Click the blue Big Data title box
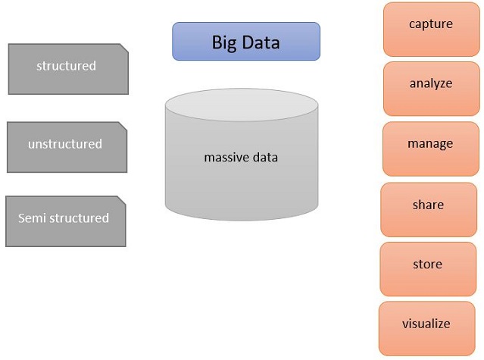[x=246, y=42]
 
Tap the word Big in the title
[x=224, y=43]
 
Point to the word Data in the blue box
[x=261, y=42]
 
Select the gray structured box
[x=68, y=69]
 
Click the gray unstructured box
[x=67, y=147]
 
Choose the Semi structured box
[x=66, y=221]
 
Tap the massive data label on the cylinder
[x=241, y=158]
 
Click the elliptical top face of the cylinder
[x=242, y=105]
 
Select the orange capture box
[x=431, y=30]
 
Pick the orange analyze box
[x=431, y=89]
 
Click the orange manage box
[x=430, y=149]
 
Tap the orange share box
[x=429, y=210]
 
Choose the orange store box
[x=428, y=269]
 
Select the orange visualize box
[x=426, y=329]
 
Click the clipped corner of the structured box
[x=124, y=49]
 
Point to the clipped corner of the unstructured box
[x=123, y=127]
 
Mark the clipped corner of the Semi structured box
[x=122, y=200]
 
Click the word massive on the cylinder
[x=226, y=158]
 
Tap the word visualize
[x=426, y=324]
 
